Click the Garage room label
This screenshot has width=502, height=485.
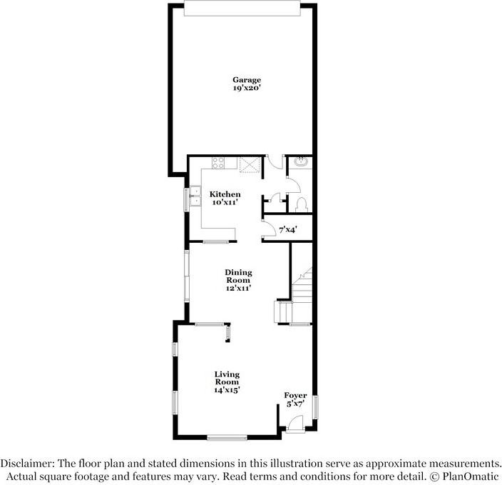[x=246, y=79]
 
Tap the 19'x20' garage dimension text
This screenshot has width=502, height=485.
[x=246, y=89]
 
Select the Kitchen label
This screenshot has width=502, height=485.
[x=225, y=194]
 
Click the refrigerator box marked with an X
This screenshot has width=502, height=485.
[x=248, y=165]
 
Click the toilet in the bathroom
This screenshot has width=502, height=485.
[x=301, y=204]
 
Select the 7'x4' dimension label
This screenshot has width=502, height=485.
[x=287, y=229]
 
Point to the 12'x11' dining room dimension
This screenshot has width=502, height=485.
[x=238, y=289]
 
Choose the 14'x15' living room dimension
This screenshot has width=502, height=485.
[x=227, y=390]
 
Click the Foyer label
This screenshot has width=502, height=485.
[x=295, y=396]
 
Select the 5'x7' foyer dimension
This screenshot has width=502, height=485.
[x=295, y=404]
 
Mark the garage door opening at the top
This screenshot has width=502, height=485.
[x=242, y=7]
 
